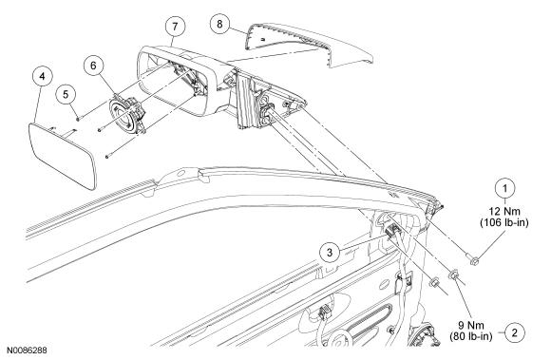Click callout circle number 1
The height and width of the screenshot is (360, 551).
[x=505, y=189]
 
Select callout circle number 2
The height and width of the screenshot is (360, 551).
[x=515, y=332]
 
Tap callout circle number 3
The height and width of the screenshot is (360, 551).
[x=330, y=252]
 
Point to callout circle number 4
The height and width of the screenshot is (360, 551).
[x=42, y=76]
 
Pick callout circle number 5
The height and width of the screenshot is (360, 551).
[x=66, y=94]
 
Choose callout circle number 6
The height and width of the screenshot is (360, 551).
[x=93, y=66]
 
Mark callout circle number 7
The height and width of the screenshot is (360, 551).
[x=176, y=26]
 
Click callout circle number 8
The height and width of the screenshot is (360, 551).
[x=220, y=24]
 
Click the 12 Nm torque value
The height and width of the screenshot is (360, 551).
[x=504, y=211]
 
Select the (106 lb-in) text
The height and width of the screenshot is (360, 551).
[x=504, y=222]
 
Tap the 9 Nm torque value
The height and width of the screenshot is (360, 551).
[x=472, y=325]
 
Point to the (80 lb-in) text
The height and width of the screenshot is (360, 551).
[x=471, y=336]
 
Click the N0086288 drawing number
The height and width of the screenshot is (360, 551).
[x=28, y=351]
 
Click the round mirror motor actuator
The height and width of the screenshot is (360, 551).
[x=127, y=115]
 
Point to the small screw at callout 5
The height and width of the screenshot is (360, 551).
[x=78, y=119]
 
